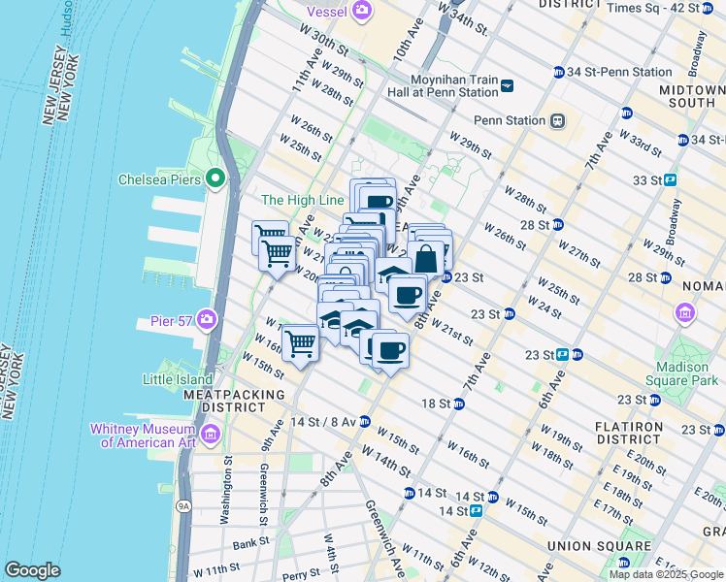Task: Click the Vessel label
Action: click(327, 11)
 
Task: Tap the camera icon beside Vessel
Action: click(362, 11)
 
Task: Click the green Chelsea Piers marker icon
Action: click(214, 178)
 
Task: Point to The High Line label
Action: click(303, 200)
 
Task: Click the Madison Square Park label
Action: click(682, 373)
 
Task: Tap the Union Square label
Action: click(585, 545)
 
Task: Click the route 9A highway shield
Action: click(181, 505)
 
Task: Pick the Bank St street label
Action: click(249, 543)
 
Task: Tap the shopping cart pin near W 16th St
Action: click(301, 343)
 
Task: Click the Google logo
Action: click(33, 570)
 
